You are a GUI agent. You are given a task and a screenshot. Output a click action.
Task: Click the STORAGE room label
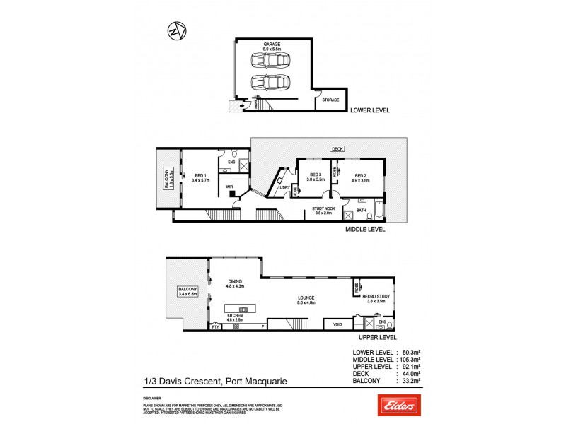tap(330, 100)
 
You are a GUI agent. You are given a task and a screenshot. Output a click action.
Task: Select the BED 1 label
tap(201, 177)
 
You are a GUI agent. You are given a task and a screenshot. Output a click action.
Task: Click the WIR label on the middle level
tap(230, 188)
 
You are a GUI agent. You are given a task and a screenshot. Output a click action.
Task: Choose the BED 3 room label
tap(315, 177)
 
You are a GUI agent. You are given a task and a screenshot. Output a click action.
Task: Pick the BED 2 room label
tap(361, 177)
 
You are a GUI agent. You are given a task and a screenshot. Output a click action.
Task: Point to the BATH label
tap(361, 210)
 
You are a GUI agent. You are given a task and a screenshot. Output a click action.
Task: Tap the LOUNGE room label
tap(306, 299)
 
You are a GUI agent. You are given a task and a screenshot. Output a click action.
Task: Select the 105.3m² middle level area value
tap(413, 359)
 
